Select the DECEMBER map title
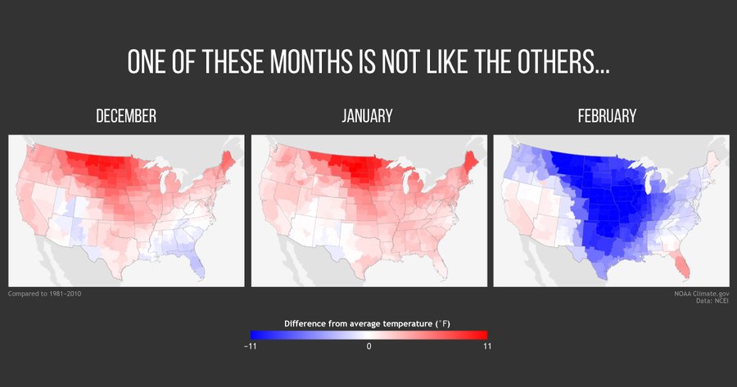coord(126,117)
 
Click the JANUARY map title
coord(368,117)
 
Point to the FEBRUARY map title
coord(607,117)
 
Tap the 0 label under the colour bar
coord(368,346)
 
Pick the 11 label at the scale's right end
coord(487,346)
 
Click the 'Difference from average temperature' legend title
coord(368,323)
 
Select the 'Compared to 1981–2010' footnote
coord(44,293)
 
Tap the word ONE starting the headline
coord(149,62)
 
